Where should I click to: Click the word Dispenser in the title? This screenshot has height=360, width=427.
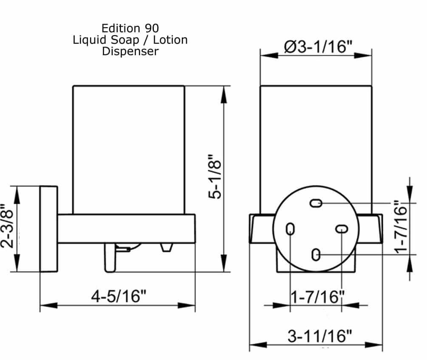130,51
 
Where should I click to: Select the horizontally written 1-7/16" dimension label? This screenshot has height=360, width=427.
317,297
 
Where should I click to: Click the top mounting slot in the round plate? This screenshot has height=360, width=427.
316,203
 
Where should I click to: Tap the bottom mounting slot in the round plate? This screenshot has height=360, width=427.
316,255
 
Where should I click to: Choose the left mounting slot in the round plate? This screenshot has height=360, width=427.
290,229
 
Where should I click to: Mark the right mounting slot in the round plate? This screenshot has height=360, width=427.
341,229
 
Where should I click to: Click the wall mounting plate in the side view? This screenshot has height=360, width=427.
48,229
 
